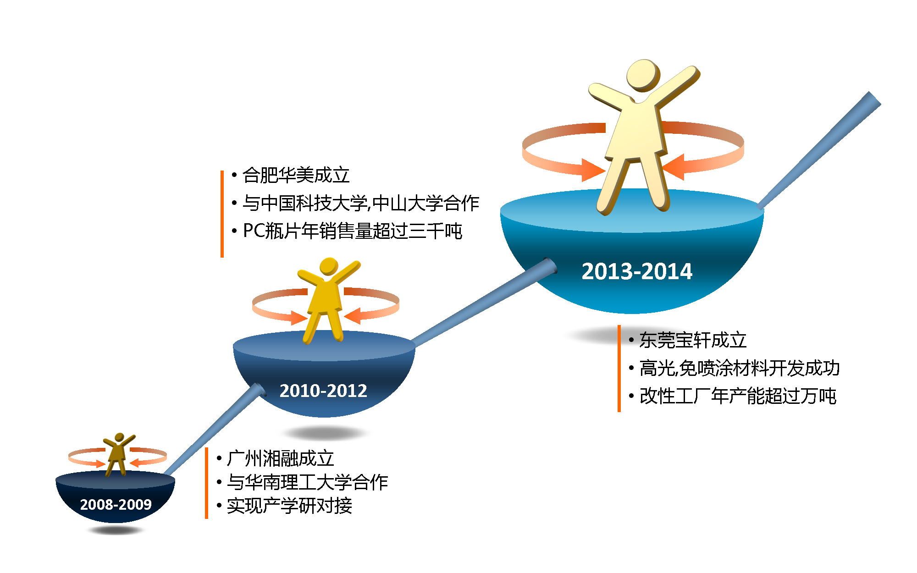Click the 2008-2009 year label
pos(116,504)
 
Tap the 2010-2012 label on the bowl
pos(323,391)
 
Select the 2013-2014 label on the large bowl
pos(637,271)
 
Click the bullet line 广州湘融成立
pos(280,458)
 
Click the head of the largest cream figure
pos(643,75)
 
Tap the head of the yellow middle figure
pos(329,266)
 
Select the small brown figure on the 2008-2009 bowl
pos(119,454)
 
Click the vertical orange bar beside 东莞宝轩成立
pos(619,369)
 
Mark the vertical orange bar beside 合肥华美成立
pos(222,214)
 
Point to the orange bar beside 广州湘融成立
pos(206,483)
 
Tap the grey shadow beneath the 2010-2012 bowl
pos(324,433)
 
